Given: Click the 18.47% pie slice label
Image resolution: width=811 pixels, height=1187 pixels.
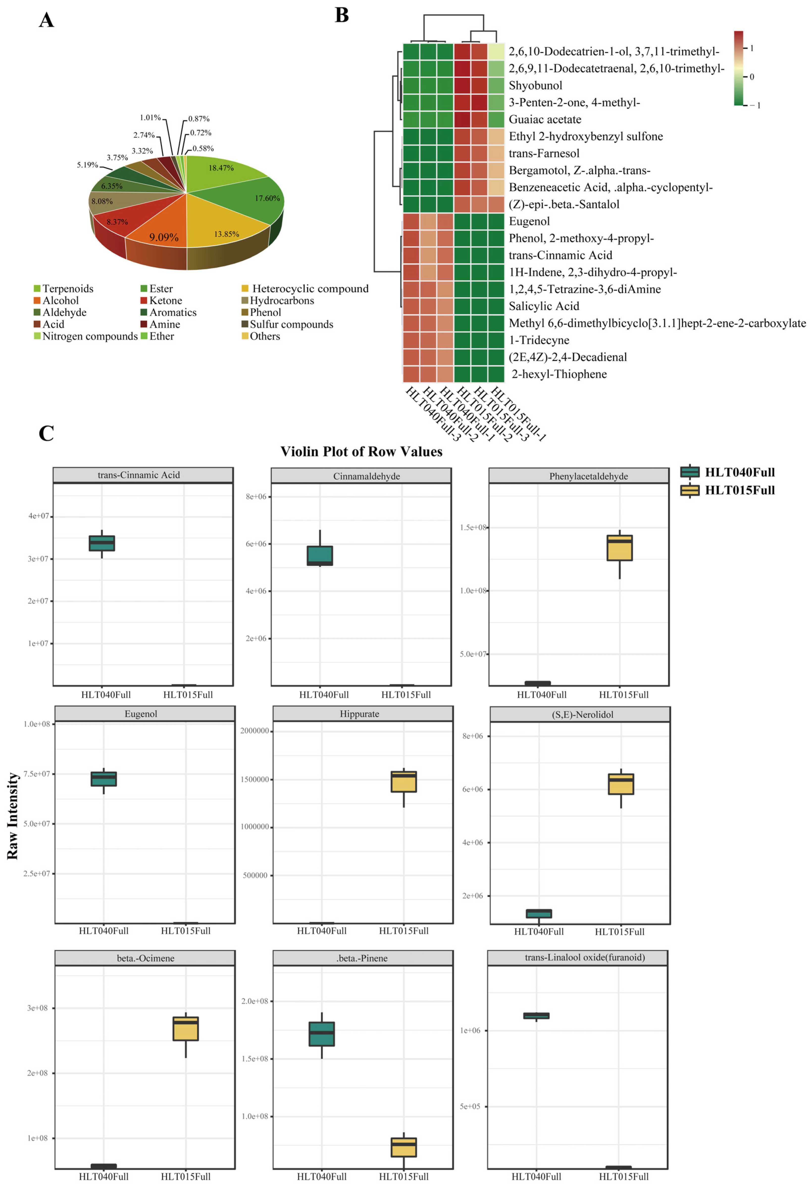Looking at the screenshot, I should tap(221, 168).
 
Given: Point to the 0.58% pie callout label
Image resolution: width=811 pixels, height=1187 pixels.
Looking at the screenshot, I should tap(203, 149).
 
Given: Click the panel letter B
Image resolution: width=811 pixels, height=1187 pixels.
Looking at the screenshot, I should tap(342, 15).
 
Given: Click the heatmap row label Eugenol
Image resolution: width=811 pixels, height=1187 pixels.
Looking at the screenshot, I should tap(529, 221).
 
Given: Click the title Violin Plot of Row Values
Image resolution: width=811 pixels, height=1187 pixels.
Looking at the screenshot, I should tap(361, 452).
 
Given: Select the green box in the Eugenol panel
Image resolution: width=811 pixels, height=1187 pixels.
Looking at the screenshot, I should tap(104, 779).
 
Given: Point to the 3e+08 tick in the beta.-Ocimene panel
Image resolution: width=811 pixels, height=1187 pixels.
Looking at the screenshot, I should tap(37, 1008).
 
